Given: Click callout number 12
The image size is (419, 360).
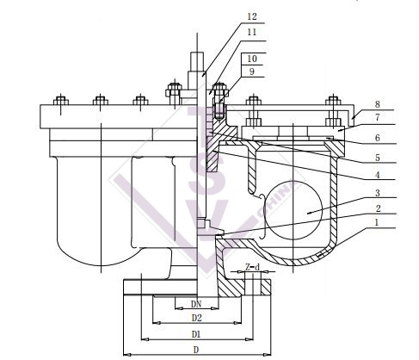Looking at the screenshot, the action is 252,16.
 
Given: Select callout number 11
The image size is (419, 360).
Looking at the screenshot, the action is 252,32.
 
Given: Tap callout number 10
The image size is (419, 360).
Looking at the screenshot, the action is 252,59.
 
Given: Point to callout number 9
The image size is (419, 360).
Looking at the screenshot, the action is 252,71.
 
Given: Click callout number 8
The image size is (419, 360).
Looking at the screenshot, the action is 378,104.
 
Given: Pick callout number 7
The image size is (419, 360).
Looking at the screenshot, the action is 378,117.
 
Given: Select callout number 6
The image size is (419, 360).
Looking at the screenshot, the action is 378,138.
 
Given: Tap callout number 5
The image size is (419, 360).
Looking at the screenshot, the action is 378,158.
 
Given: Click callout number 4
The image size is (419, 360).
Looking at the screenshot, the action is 378,175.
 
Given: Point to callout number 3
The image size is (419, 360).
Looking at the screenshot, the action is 378,193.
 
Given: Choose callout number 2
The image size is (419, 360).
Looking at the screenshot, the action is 378,208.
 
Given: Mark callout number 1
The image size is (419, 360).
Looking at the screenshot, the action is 377,222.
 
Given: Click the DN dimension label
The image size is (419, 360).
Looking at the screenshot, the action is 196,304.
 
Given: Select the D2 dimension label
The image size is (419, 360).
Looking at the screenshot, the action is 197,318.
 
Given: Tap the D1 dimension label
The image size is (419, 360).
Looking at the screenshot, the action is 196,334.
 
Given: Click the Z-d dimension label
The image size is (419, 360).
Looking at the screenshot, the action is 252,267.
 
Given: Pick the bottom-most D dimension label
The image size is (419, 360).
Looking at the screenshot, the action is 196,350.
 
